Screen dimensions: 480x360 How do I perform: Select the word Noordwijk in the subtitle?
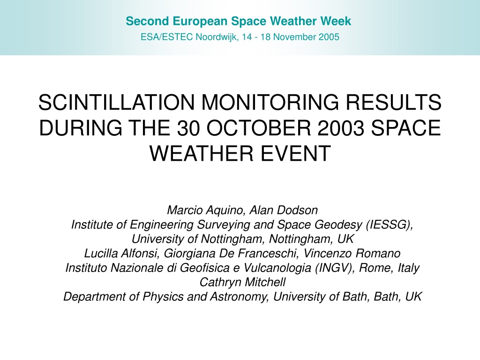[x=217, y=37]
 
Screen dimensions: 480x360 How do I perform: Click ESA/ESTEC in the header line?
[x=166, y=37]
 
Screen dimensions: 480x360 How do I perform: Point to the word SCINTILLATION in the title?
[x=117, y=102]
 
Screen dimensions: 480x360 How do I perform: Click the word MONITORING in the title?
[x=270, y=102]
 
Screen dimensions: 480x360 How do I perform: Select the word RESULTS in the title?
[x=394, y=102]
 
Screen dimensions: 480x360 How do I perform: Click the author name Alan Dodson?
[x=284, y=210]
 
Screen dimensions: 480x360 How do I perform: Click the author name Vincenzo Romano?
[x=352, y=254]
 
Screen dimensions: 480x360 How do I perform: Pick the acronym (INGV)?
[x=335, y=268]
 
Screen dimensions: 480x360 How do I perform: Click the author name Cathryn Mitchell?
[x=242, y=282]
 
